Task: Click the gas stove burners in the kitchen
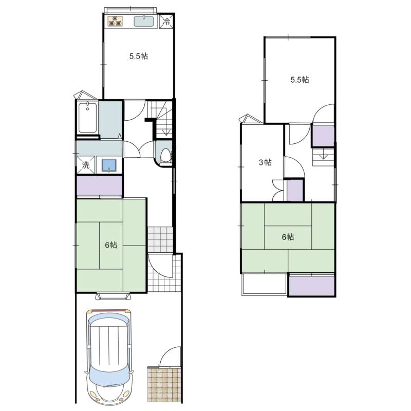tap(116, 21)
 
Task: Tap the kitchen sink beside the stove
tap(144, 21)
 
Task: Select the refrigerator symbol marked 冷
tap(166, 21)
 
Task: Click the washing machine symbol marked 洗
tap(85, 164)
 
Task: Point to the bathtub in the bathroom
tap(87, 118)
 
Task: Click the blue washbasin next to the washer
tap(109, 165)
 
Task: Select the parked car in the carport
tap(109, 357)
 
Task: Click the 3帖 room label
tap(265, 162)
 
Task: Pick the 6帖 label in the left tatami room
tap(111, 245)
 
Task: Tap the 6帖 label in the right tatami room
tap(288, 237)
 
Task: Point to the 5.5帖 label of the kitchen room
tap(138, 56)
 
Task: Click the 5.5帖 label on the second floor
tap(300, 80)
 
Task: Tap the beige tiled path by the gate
tap(164, 385)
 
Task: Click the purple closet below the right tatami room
tap(312, 285)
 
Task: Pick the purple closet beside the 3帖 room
tap(295, 190)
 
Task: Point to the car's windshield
tap(109, 376)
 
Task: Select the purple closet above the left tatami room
tap(99, 185)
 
